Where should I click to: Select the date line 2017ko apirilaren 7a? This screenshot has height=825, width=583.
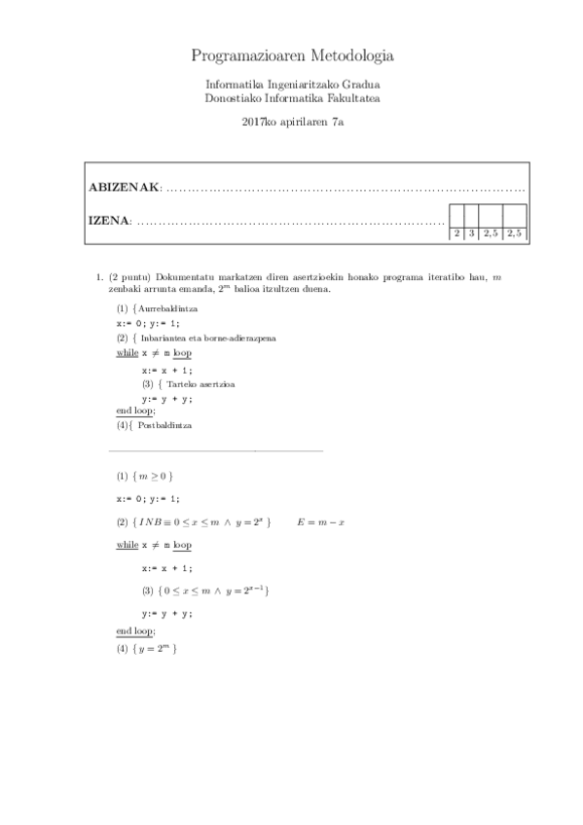(292, 121)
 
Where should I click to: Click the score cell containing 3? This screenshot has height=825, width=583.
(472, 233)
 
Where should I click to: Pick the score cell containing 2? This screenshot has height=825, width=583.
(456, 233)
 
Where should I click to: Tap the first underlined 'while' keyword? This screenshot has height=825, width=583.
(127, 546)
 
